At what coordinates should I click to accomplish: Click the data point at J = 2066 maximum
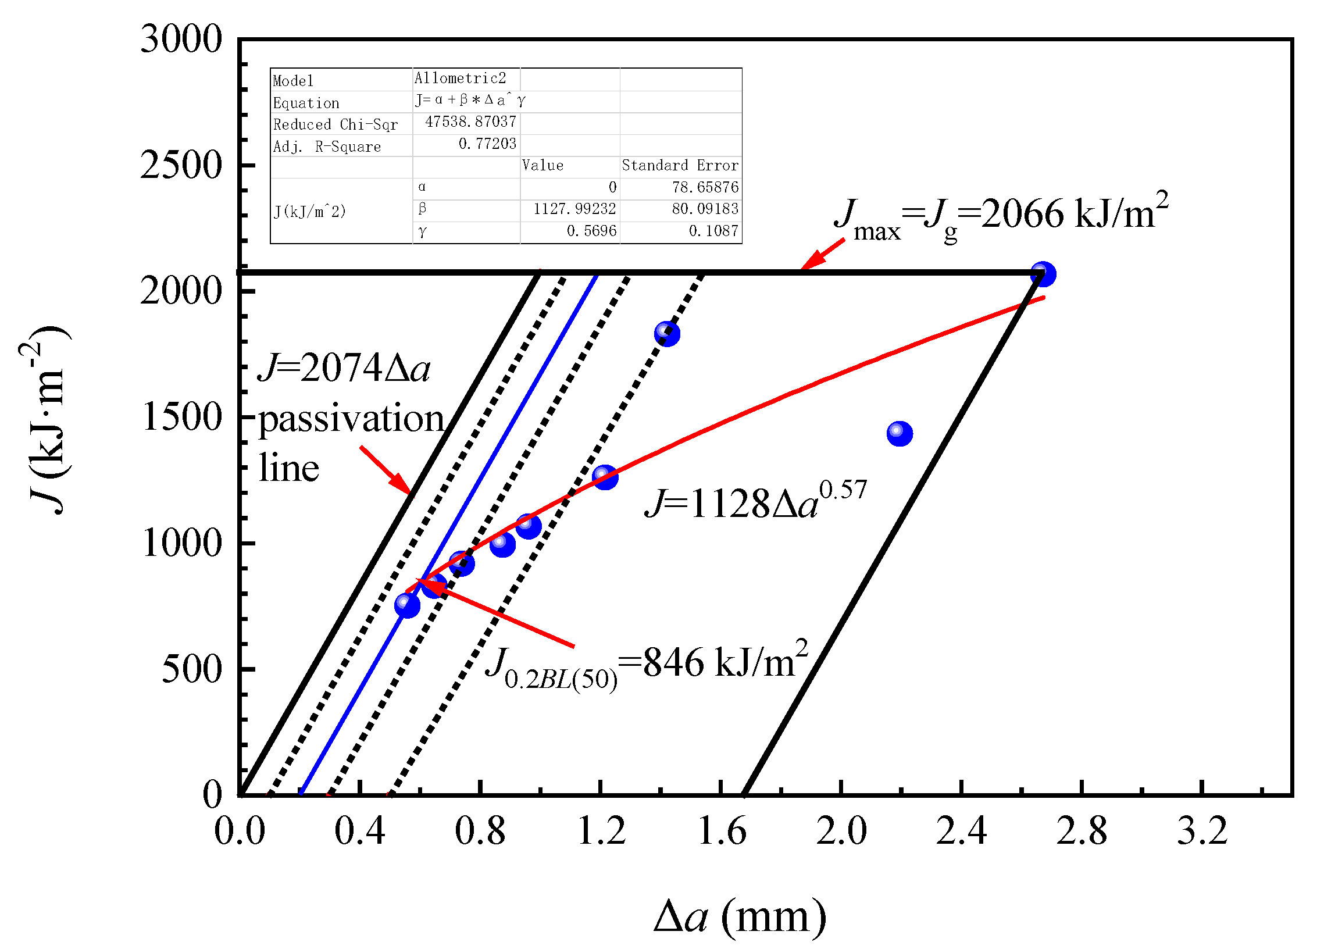(1043, 274)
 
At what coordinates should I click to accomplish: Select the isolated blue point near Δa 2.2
(900, 433)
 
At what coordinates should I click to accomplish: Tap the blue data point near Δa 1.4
(667, 334)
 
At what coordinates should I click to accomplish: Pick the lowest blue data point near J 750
(407, 605)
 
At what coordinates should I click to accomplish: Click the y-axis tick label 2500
(181, 165)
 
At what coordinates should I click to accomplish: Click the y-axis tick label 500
(191, 669)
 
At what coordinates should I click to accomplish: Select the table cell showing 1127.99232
(574, 209)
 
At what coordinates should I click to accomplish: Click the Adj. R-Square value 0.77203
(487, 144)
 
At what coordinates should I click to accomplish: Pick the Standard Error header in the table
(680, 166)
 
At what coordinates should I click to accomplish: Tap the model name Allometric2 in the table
(460, 79)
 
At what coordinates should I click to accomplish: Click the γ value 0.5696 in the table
(591, 231)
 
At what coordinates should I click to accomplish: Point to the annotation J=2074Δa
(344, 368)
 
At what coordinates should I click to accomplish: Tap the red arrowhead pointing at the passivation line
(402, 484)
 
